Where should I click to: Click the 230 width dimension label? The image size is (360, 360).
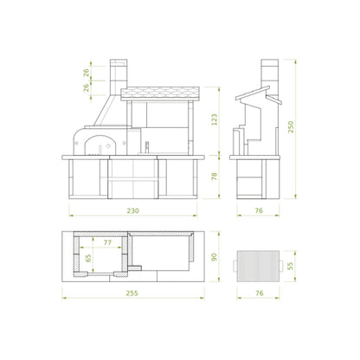click(132, 210)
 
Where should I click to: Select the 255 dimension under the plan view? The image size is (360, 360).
click(132, 293)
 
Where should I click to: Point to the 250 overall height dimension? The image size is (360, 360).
click(291, 127)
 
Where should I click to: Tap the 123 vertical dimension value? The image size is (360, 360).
click(214, 119)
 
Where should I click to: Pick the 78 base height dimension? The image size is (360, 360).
click(214, 177)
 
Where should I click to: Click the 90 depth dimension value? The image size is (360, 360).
click(214, 257)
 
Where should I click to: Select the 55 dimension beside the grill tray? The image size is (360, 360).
click(291, 266)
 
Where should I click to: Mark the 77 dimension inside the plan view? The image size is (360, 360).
click(107, 242)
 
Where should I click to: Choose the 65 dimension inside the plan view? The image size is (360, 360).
click(88, 258)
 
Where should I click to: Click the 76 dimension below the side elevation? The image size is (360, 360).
click(259, 210)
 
